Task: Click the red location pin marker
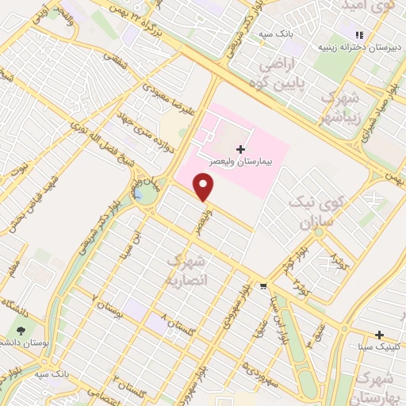pos(205,187)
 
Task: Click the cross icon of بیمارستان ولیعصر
pos(240,148)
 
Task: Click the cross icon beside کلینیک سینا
pos(379,335)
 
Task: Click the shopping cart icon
pos(263,286)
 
